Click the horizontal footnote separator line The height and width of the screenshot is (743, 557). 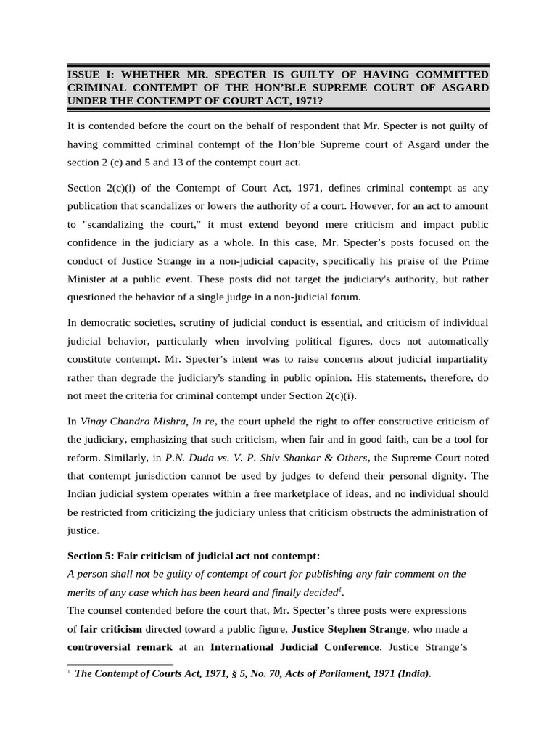pyautogui.click(x=120, y=663)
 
